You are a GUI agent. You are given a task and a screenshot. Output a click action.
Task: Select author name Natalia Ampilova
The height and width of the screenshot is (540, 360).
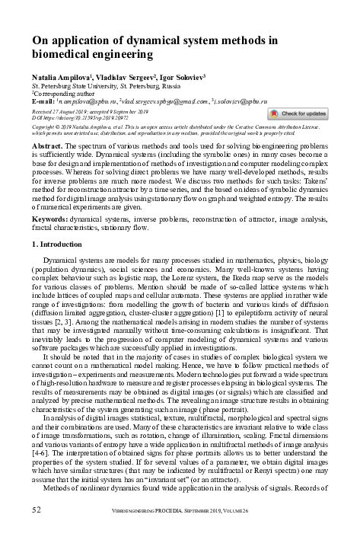62,78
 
